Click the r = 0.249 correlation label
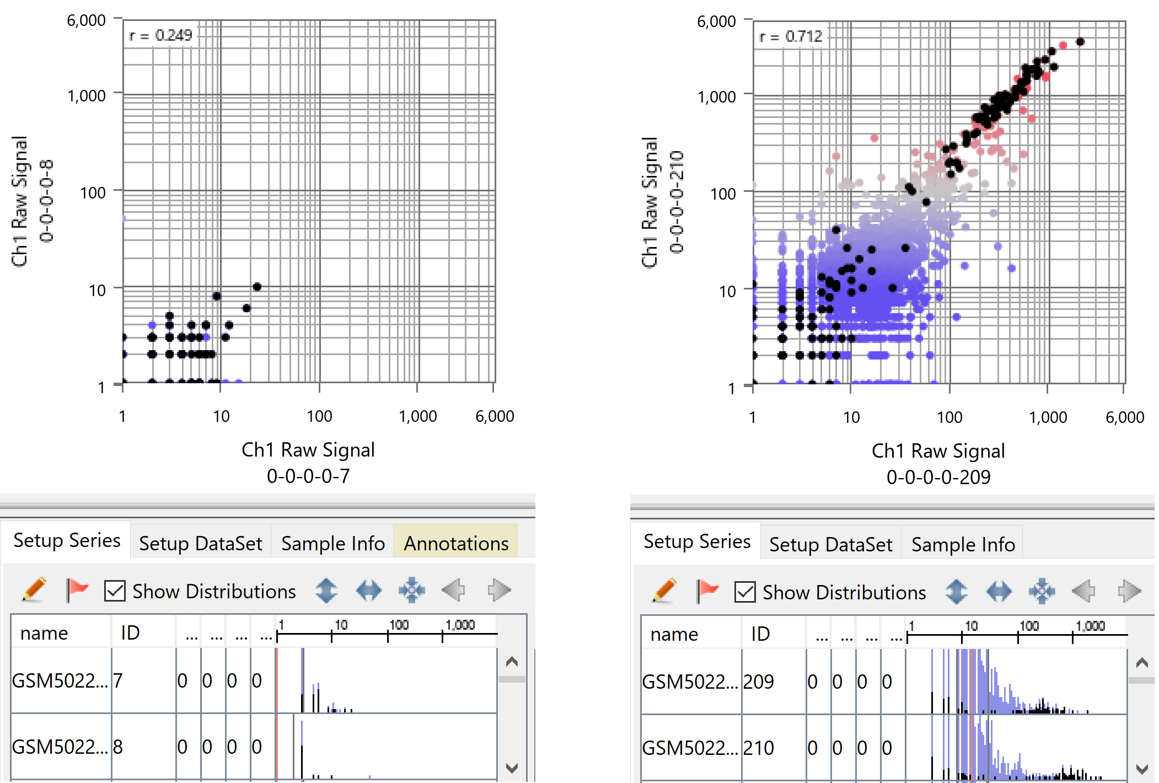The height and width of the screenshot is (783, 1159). coord(160,35)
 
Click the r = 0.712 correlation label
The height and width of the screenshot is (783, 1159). coord(790,36)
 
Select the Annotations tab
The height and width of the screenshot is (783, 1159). coord(455,543)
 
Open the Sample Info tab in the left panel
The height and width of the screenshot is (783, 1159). coord(332,543)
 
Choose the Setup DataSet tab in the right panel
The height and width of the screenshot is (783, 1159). coord(830,544)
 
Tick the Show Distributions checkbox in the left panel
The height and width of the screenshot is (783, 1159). coord(115,591)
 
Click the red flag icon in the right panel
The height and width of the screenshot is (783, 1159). coord(707,591)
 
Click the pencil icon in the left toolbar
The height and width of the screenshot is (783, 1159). coord(34,590)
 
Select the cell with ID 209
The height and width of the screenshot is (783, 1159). coord(759,682)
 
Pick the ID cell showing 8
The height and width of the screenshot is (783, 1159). coord(118,747)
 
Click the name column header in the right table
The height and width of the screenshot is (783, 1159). coord(674,634)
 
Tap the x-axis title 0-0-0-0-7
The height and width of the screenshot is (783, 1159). coord(308,475)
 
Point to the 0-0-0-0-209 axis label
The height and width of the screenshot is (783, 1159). coord(938,476)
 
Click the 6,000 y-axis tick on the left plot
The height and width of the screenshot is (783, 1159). coord(86,20)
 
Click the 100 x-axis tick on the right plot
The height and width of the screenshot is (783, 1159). coord(949,417)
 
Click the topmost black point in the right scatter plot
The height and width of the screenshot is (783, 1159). coord(1080,42)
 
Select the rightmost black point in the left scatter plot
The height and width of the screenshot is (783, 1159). coord(257,287)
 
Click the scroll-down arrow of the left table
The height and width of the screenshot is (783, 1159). coord(512,768)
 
